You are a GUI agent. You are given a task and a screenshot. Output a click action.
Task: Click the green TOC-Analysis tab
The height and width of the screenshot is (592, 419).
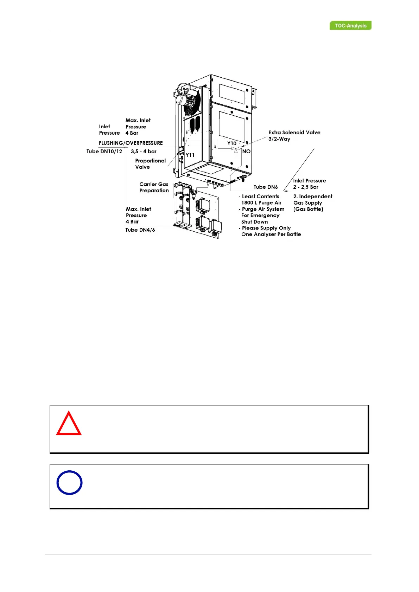pos(350,26)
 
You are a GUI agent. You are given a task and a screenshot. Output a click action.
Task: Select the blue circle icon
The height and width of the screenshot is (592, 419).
pos(69,482)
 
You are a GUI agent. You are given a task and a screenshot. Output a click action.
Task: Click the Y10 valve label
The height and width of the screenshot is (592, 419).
pos(232,143)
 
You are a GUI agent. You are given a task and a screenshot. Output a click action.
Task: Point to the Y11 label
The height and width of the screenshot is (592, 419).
pos(190,155)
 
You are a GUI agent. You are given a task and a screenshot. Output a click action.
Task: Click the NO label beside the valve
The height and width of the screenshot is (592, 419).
pos(246,152)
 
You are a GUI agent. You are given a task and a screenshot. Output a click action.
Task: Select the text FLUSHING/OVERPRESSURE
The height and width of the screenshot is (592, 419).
pos(131,143)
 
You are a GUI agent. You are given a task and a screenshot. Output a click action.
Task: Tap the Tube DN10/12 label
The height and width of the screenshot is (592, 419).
pos(104,152)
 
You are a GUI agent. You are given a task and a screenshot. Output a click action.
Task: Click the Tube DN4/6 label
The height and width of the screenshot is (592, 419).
pos(140,230)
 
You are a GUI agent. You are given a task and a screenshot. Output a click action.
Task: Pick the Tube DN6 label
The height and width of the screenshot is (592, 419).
pos(266,187)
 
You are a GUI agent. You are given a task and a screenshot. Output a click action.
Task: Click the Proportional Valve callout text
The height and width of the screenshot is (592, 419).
pos(150,164)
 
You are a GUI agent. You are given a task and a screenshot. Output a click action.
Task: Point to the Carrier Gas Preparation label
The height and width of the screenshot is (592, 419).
pos(154,187)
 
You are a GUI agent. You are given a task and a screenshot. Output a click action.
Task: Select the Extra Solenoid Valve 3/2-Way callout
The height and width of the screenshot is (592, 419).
pos(294,136)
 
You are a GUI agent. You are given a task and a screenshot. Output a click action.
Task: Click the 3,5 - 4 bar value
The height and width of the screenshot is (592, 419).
pos(144,152)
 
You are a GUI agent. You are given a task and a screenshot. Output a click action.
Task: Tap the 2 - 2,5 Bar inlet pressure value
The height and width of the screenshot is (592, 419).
pos(305,187)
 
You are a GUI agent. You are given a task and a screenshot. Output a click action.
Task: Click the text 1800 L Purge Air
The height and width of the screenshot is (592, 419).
pos(261,203)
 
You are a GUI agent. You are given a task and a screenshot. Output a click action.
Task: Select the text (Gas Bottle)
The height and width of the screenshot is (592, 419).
pos(308,209)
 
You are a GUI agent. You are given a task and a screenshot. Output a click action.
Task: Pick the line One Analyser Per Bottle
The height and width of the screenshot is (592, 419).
pos(271,234)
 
